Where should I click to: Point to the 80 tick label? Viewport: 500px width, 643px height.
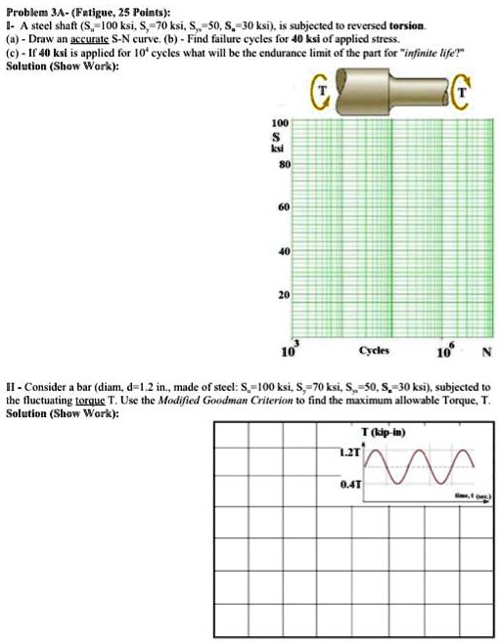[x=282, y=165]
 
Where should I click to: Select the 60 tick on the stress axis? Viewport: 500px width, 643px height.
[x=282, y=208]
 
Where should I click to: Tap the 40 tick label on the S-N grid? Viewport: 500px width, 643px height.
[x=282, y=250]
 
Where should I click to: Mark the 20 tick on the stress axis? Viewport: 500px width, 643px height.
[x=282, y=293]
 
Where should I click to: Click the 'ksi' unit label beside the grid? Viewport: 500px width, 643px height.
[x=281, y=151]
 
